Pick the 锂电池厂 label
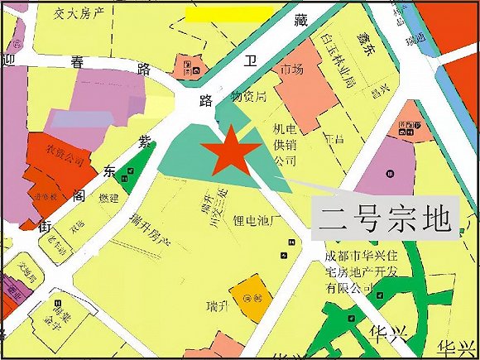click(261, 222)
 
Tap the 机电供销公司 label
click(284, 144)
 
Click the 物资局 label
click(247, 97)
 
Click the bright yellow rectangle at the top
click(228, 14)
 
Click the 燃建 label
click(108, 199)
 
